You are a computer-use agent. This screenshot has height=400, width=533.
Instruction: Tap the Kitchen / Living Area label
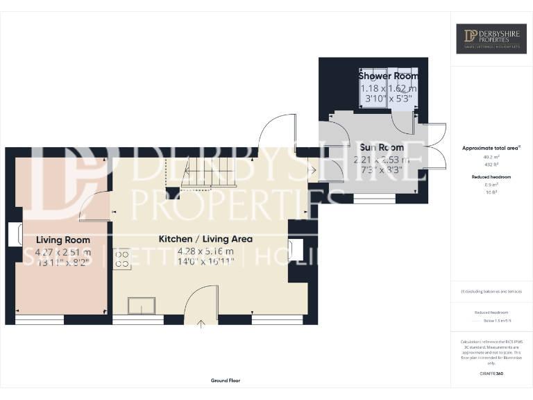[x=205, y=238]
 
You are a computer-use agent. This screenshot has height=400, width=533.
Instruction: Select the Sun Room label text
[x=382, y=148]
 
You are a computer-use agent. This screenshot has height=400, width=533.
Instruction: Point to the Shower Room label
[x=388, y=76]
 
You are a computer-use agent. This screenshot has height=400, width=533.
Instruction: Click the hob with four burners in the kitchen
[x=122, y=258]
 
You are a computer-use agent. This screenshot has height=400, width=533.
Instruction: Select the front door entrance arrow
[x=202, y=322]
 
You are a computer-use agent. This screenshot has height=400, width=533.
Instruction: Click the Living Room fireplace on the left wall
[x=14, y=235]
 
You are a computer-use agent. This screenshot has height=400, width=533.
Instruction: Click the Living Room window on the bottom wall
[x=39, y=319]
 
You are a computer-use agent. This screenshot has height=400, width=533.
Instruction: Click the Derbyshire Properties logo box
[x=491, y=39]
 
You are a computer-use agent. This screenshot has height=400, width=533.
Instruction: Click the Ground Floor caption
[x=226, y=381]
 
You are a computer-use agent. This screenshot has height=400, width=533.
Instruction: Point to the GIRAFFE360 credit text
[x=491, y=374]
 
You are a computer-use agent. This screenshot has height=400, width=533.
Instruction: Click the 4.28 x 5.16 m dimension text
[x=205, y=251]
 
